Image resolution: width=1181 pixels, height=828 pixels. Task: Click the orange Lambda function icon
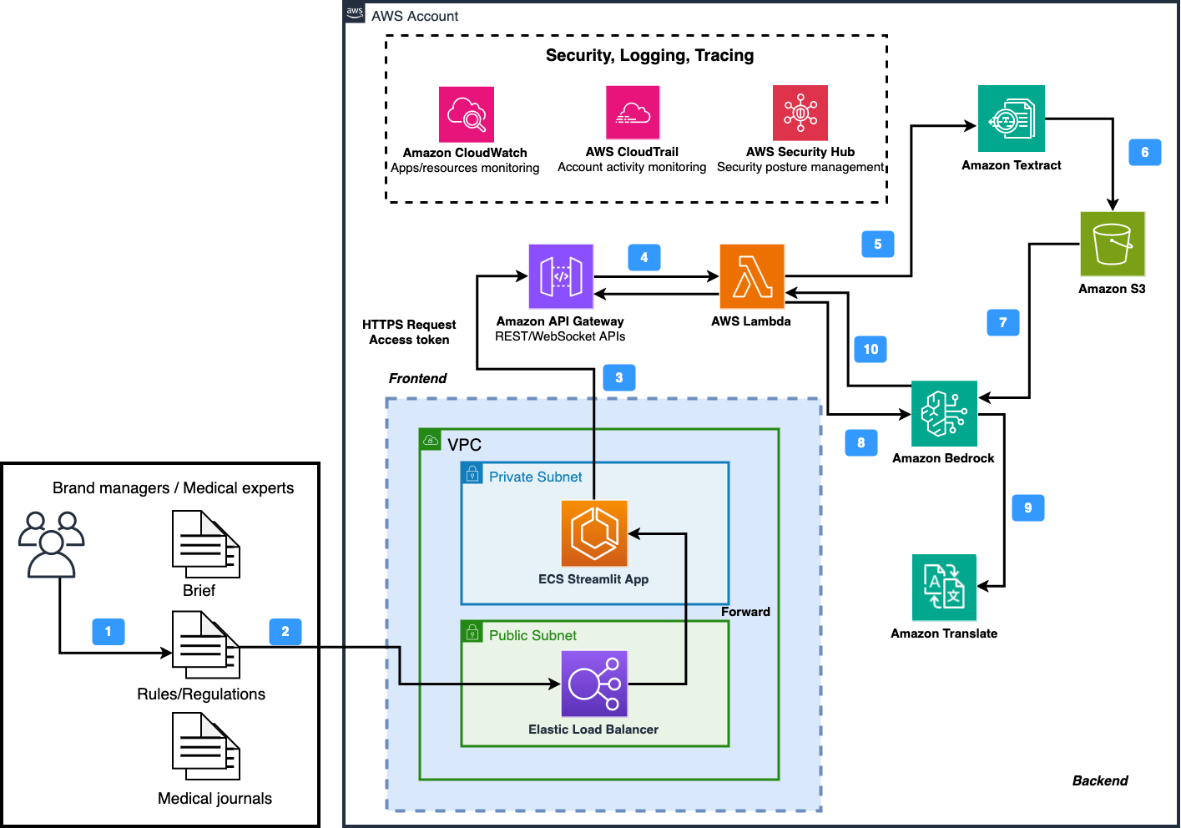tap(751, 276)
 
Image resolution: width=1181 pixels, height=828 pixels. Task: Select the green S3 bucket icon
tap(1112, 244)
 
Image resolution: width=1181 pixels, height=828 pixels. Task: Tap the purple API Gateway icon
tap(561, 276)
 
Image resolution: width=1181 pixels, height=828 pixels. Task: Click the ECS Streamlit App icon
tap(594, 533)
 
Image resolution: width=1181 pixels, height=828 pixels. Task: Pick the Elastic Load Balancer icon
tap(594, 684)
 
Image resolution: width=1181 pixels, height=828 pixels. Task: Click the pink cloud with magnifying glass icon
tap(466, 114)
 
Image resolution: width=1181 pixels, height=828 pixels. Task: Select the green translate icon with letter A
tap(944, 588)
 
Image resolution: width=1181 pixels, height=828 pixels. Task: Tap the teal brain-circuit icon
tap(944, 413)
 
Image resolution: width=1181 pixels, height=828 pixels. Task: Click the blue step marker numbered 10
tap(871, 349)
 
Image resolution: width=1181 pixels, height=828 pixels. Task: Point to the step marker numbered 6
tap(1144, 152)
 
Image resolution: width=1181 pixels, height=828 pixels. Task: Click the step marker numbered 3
tap(618, 377)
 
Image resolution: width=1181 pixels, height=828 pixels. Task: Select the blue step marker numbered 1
tap(108, 631)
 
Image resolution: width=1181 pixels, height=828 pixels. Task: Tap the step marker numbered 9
tap(1027, 507)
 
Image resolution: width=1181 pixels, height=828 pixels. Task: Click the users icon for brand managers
tap(52, 544)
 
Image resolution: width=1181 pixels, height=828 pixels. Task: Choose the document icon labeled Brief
tap(205, 544)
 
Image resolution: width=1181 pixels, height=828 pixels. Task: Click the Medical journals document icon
tap(205, 745)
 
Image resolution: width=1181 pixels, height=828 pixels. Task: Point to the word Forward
tap(745, 612)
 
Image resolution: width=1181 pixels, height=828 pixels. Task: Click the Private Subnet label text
tap(535, 477)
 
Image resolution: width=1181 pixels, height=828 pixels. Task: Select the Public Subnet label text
tap(532, 635)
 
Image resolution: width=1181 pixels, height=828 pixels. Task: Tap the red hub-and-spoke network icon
tap(800, 113)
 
